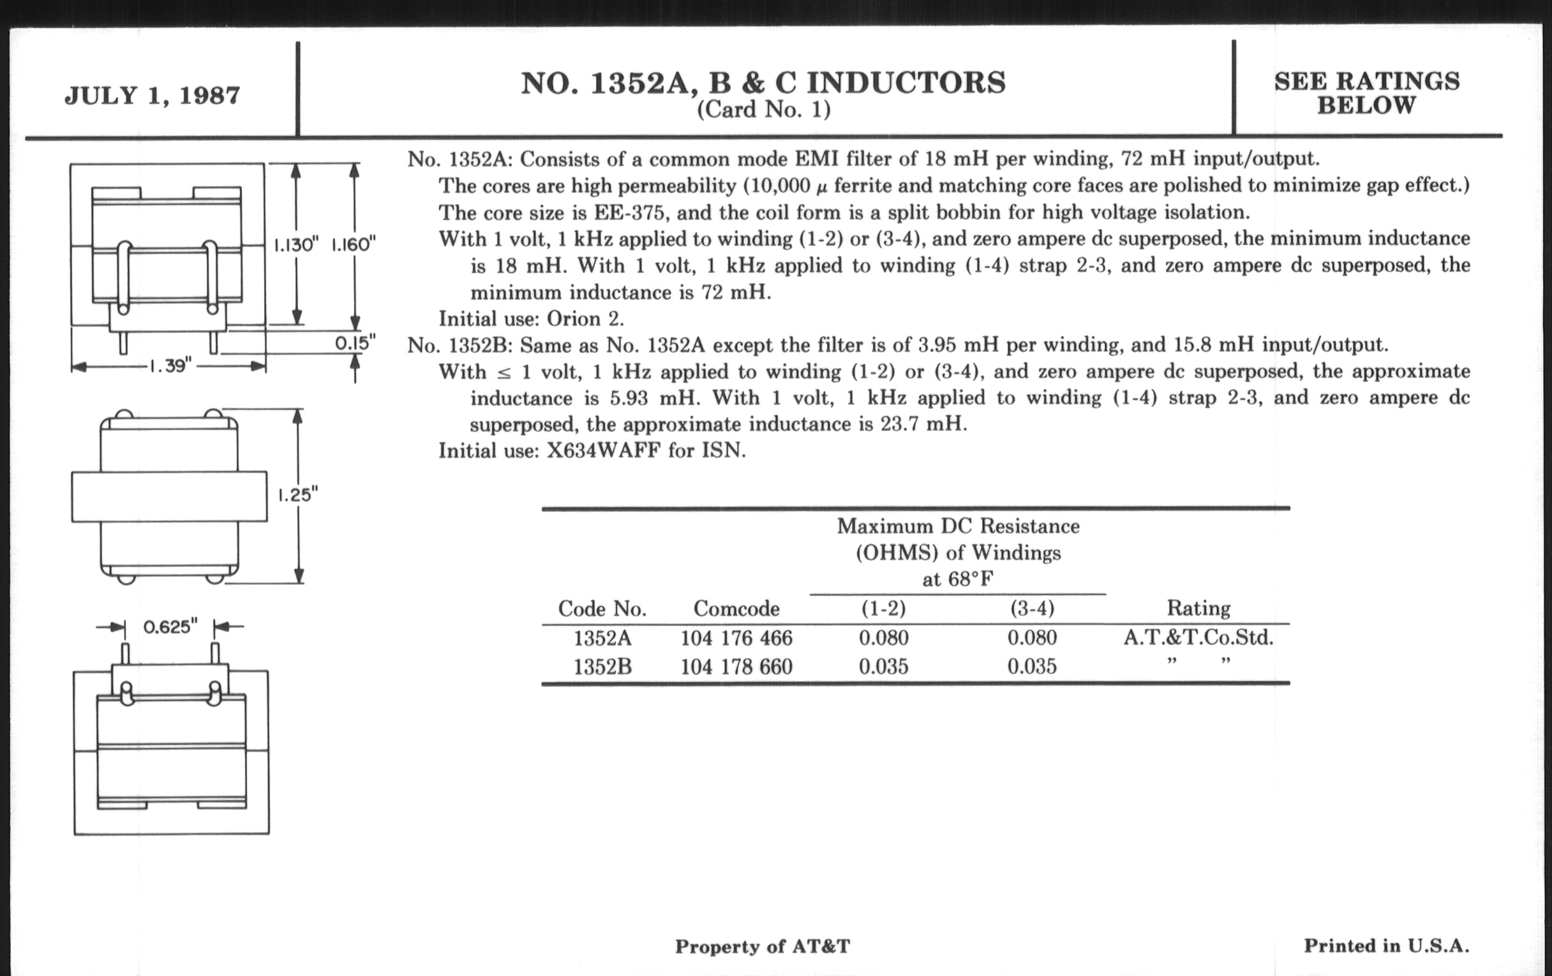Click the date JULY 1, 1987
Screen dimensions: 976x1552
tap(152, 95)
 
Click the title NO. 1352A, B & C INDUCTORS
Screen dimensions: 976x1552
tap(763, 83)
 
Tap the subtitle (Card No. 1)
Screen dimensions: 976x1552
tap(764, 110)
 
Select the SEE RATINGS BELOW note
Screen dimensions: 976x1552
tap(1366, 92)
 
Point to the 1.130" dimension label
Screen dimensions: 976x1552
tap(297, 245)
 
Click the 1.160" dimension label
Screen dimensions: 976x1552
tap(354, 245)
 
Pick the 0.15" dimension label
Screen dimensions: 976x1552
tap(354, 343)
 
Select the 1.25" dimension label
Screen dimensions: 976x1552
tap(298, 495)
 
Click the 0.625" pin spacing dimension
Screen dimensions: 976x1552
tap(170, 626)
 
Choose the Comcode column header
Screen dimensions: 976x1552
tap(736, 608)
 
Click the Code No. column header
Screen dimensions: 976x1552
tap(602, 608)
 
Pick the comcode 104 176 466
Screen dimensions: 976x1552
tap(736, 638)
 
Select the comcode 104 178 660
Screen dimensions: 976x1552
tap(736, 666)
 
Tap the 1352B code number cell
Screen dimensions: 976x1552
tap(602, 666)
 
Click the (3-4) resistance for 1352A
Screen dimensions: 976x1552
tap(1032, 638)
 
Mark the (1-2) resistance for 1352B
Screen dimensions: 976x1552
tap(883, 666)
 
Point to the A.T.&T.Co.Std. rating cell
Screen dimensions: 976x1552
tap(1198, 638)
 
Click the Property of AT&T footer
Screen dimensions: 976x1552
tap(763, 947)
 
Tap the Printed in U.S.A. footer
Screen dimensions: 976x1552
tap(1386, 946)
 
